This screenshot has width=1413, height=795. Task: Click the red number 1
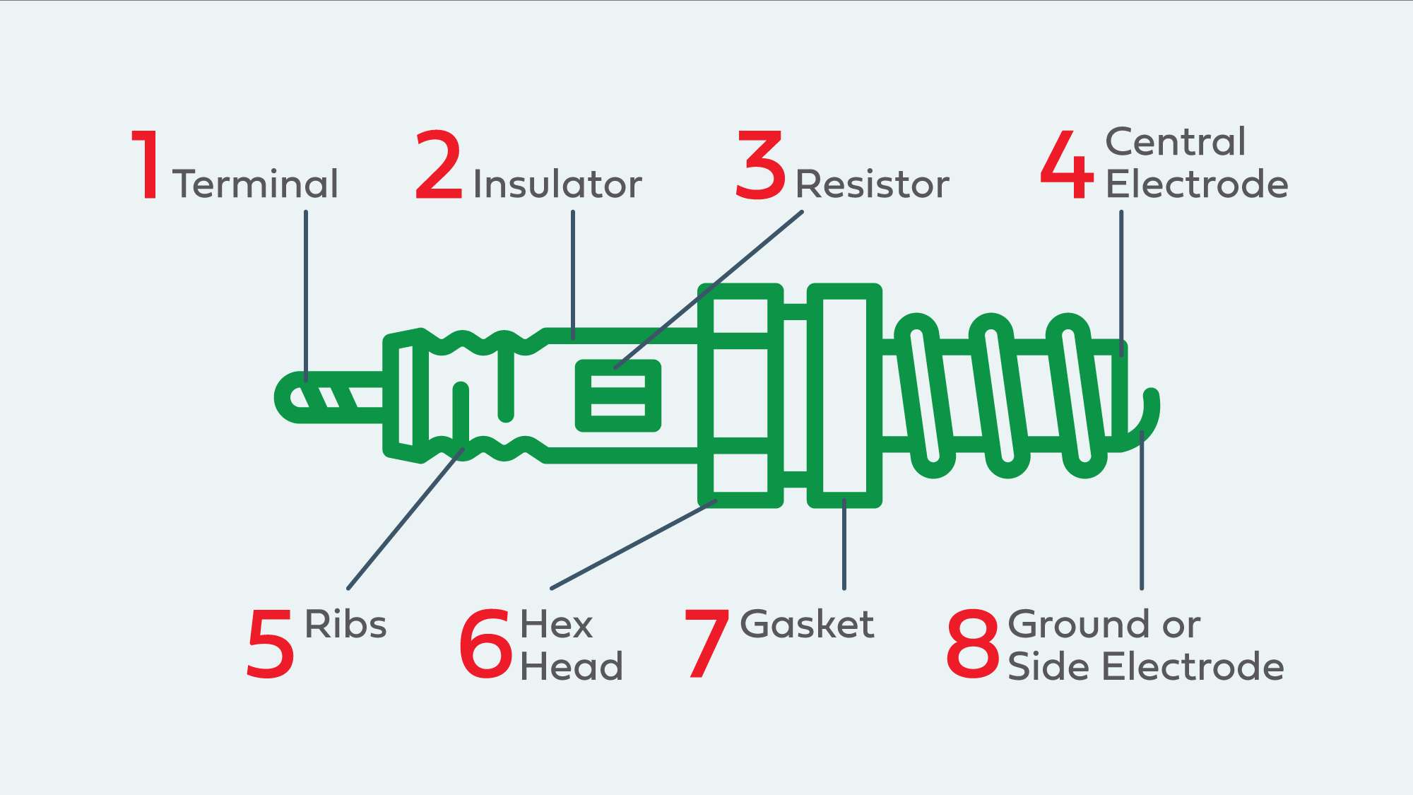(x=147, y=166)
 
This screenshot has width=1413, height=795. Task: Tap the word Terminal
(x=255, y=184)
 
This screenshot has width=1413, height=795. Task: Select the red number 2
(x=438, y=166)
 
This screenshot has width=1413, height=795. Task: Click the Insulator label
(x=557, y=184)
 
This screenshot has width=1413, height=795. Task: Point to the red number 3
(x=760, y=166)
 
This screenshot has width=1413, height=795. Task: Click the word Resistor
(x=872, y=184)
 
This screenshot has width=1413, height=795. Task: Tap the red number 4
(x=1067, y=166)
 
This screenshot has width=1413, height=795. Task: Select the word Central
(x=1175, y=142)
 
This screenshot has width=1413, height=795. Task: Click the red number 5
(x=270, y=644)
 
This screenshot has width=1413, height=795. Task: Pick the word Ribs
(x=345, y=625)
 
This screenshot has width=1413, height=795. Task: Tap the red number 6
(x=486, y=644)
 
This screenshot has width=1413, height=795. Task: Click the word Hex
(x=556, y=625)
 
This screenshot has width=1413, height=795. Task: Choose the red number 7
(x=706, y=644)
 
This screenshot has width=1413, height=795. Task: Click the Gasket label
(x=807, y=625)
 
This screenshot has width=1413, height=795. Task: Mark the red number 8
(x=973, y=644)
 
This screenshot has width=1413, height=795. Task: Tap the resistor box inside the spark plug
(x=618, y=396)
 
